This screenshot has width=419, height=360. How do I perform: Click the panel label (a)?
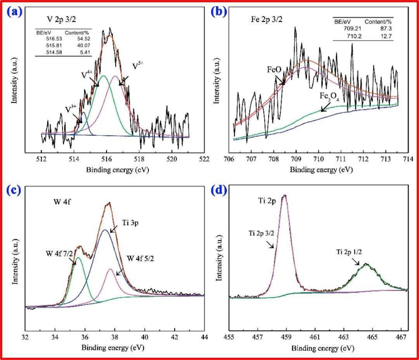click(x=15, y=12)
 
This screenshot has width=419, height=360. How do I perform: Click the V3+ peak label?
click(x=71, y=110)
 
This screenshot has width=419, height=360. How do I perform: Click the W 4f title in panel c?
click(x=62, y=202)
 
